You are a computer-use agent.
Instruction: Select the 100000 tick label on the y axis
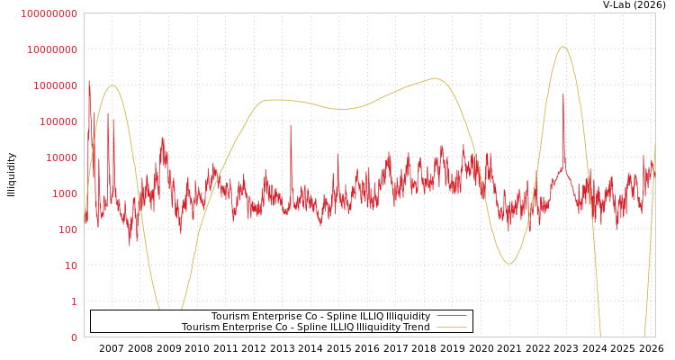(58, 121)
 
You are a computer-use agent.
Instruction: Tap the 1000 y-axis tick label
(63, 193)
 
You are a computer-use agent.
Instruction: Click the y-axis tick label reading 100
(67, 229)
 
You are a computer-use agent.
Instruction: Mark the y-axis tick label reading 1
(74, 301)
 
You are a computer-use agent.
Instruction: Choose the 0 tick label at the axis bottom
(74, 337)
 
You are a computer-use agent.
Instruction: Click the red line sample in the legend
(451, 316)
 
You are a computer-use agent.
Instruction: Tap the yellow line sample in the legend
(451, 327)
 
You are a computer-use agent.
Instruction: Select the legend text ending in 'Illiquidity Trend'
(305, 327)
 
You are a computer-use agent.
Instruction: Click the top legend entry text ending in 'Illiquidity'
(320, 316)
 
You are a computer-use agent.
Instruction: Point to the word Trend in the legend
(415, 327)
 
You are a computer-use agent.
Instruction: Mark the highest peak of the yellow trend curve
(562, 47)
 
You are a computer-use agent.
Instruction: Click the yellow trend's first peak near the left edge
(112, 85)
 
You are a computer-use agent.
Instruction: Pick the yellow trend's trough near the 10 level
(509, 264)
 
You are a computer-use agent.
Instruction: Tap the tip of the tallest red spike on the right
(563, 94)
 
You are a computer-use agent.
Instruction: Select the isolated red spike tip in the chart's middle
(291, 125)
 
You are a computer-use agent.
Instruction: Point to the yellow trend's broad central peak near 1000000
(436, 78)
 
